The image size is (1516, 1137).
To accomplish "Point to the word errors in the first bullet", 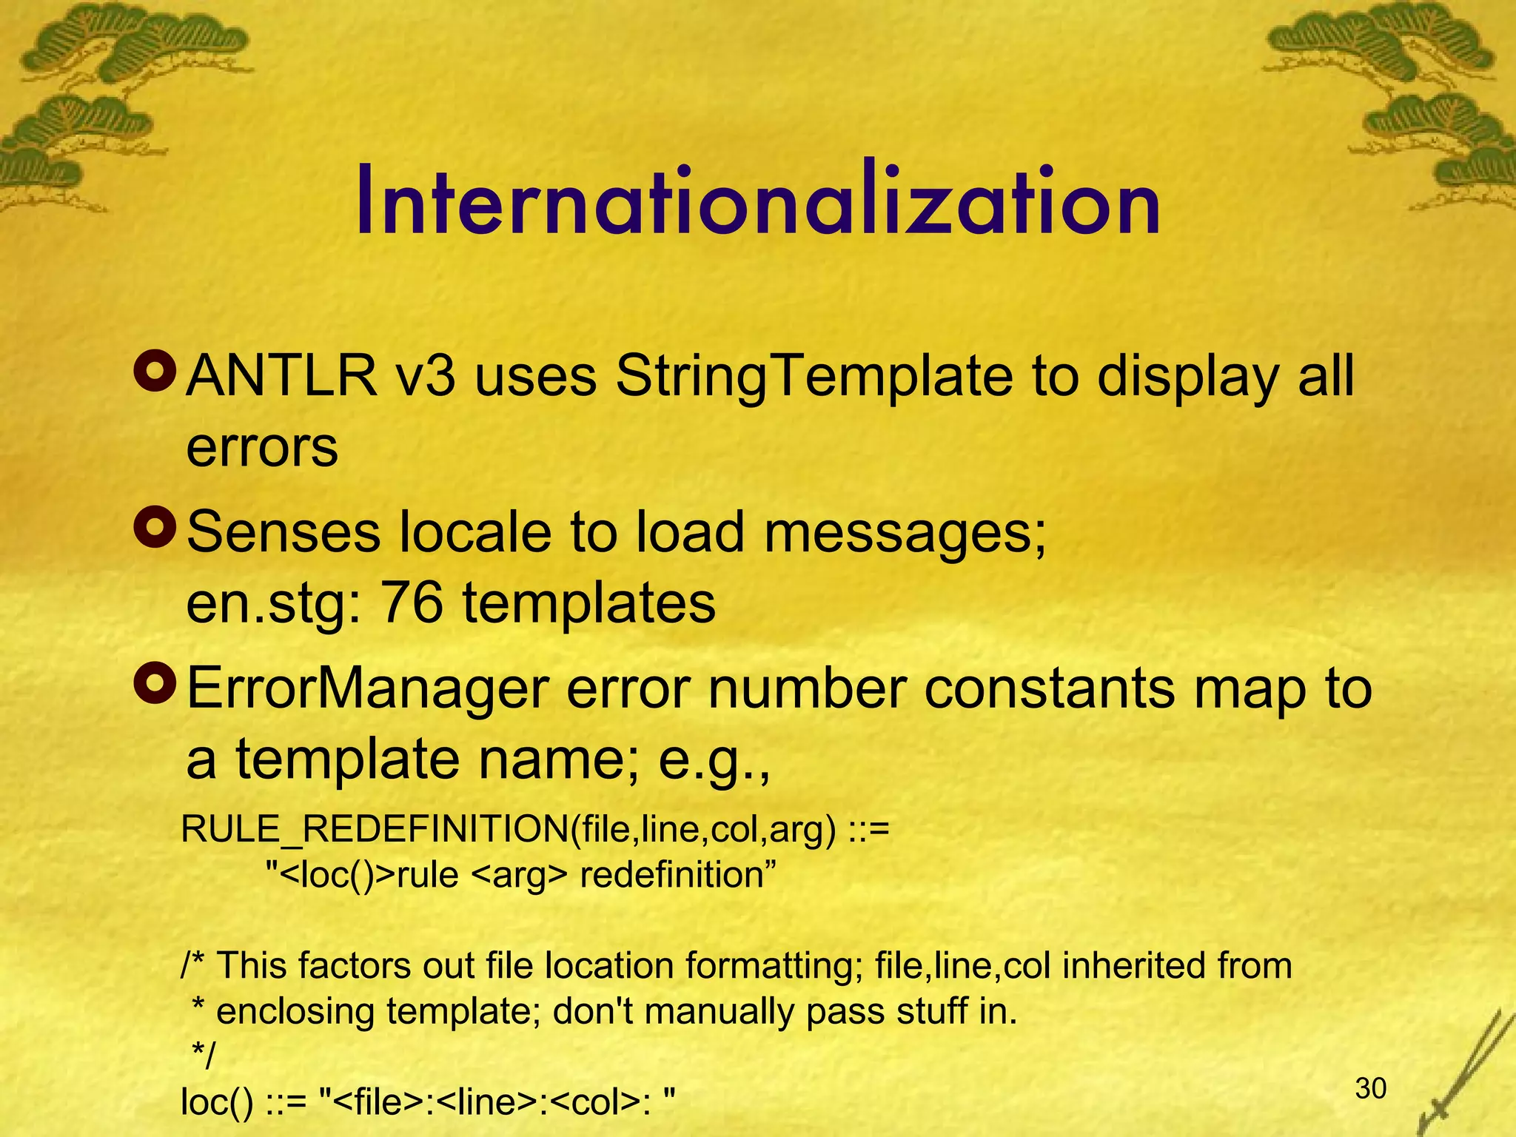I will (x=262, y=447).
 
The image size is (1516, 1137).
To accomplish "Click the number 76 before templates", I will (x=411, y=603).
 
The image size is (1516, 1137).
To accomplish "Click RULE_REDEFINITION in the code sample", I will (x=375, y=829).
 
